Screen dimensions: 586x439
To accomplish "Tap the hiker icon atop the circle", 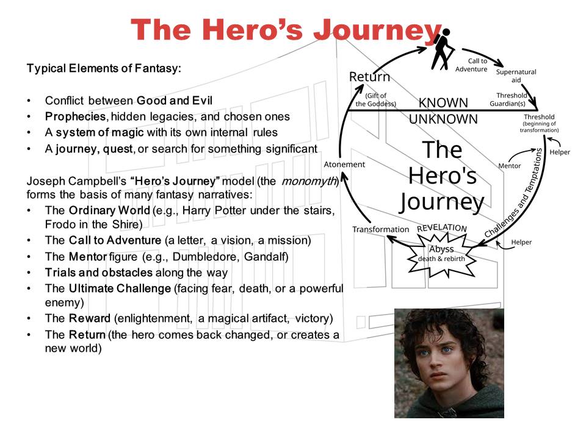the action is [x=442, y=49].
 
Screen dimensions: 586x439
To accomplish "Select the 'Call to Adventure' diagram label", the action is [x=471, y=65].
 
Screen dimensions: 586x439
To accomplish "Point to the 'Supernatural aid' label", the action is [x=516, y=76].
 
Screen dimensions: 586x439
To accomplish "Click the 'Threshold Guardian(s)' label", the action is [x=508, y=99].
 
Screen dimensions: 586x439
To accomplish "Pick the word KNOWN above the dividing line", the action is [x=443, y=102].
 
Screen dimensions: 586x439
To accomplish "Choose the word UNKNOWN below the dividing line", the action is [x=443, y=119].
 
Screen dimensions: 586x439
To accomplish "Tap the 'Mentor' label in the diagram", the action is [x=509, y=166].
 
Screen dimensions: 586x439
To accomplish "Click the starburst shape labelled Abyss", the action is [x=441, y=255].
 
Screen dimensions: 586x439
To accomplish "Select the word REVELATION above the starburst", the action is [x=442, y=227].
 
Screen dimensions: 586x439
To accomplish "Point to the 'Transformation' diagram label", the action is [x=380, y=229].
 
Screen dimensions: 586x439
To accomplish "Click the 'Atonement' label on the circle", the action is [x=344, y=164].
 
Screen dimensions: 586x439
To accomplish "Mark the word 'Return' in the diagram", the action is [x=369, y=77].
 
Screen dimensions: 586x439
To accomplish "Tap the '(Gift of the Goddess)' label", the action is [x=375, y=99].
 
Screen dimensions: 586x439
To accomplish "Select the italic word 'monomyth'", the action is [x=309, y=181].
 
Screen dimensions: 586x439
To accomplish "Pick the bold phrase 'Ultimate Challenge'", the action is [x=120, y=288].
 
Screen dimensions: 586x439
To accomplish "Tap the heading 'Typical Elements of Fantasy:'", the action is [x=104, y=68].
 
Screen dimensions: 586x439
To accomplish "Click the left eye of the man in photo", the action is [x=447, y=350].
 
